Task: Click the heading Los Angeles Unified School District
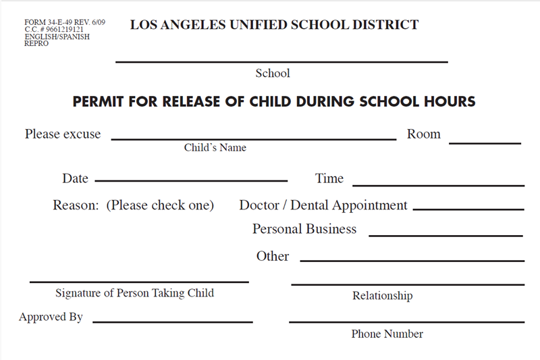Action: pyautogui.click(x=274, y=26)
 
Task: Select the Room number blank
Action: pyautogui.click(x=485, y=142)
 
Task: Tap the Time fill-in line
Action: pyautogui.click(x=438, y=184)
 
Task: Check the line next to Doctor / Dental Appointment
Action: pyautogui.click(x=468, y=209)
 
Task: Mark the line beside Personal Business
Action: pyautogui.click(x=446, y=235)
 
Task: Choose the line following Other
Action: pyautogui.click(x=412, y=260)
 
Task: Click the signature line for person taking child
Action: pyautogui.click(x=139, y=281)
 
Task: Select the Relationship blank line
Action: pyautogui.click(x=408, y=284)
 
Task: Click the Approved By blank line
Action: pyautogui.click(x=172, y=322)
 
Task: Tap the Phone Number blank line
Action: pyautogui.click(x=406, y=322)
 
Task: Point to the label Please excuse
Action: pyautogui.click(x=63, y=134)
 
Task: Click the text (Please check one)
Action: pyautogui.click(x=160, y=205)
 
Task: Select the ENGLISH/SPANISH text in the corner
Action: pyautogui.click(x=57, y=37)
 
